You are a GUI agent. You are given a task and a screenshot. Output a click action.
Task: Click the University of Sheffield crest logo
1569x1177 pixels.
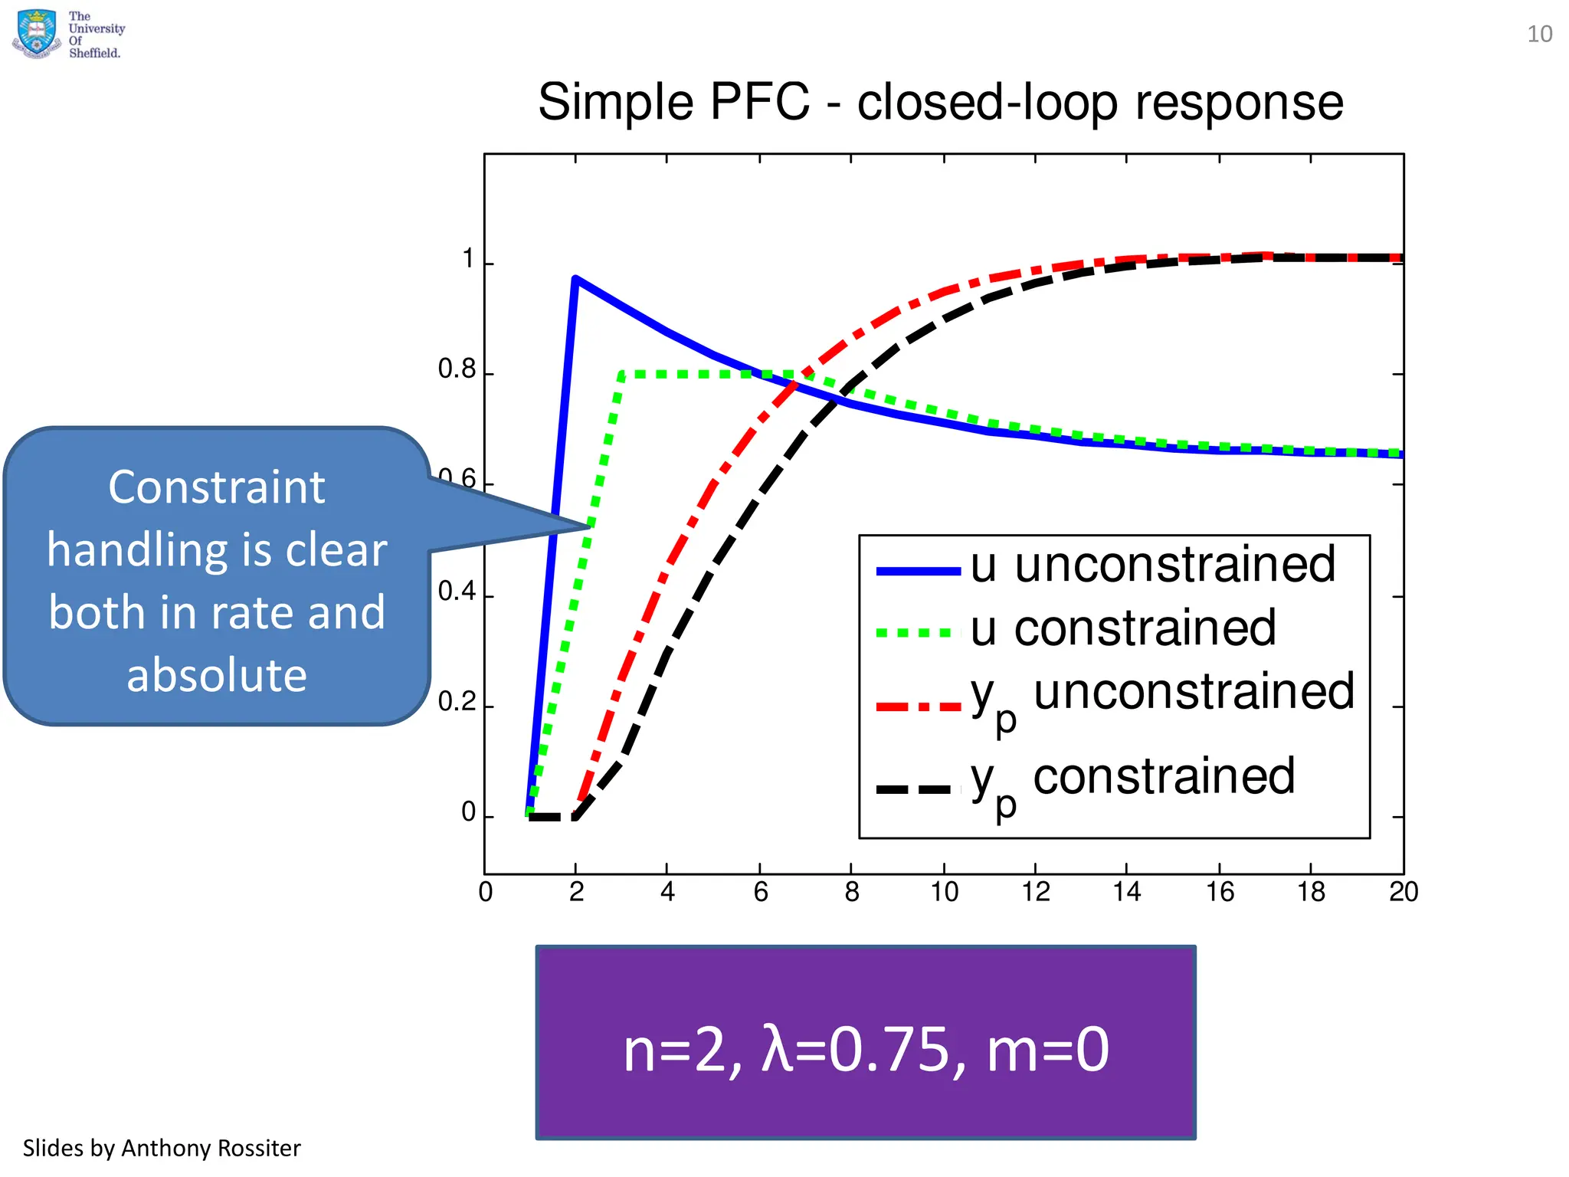[36, 34]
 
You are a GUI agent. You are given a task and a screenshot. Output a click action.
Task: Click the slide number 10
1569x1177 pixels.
[1539, 34]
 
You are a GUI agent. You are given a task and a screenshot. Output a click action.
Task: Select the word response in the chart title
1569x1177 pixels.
[1239, 102]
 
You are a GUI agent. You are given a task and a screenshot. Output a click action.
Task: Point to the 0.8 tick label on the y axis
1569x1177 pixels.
[457, 369]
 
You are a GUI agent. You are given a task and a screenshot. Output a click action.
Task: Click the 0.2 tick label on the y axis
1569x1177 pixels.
[457, 702]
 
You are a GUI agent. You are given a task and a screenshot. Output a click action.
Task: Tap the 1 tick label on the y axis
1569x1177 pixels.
[468, 259]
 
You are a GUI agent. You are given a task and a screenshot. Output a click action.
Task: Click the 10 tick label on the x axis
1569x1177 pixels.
[944, 892]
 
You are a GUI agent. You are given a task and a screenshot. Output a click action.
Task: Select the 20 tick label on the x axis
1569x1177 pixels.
[1404, 892]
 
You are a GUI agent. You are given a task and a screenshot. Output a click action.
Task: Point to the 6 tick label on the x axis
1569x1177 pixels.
[760, 892]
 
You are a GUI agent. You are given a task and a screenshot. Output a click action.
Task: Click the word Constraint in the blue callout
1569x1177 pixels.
[217, 487]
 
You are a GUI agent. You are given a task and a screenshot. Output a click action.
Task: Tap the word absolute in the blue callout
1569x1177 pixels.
[217, 675]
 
